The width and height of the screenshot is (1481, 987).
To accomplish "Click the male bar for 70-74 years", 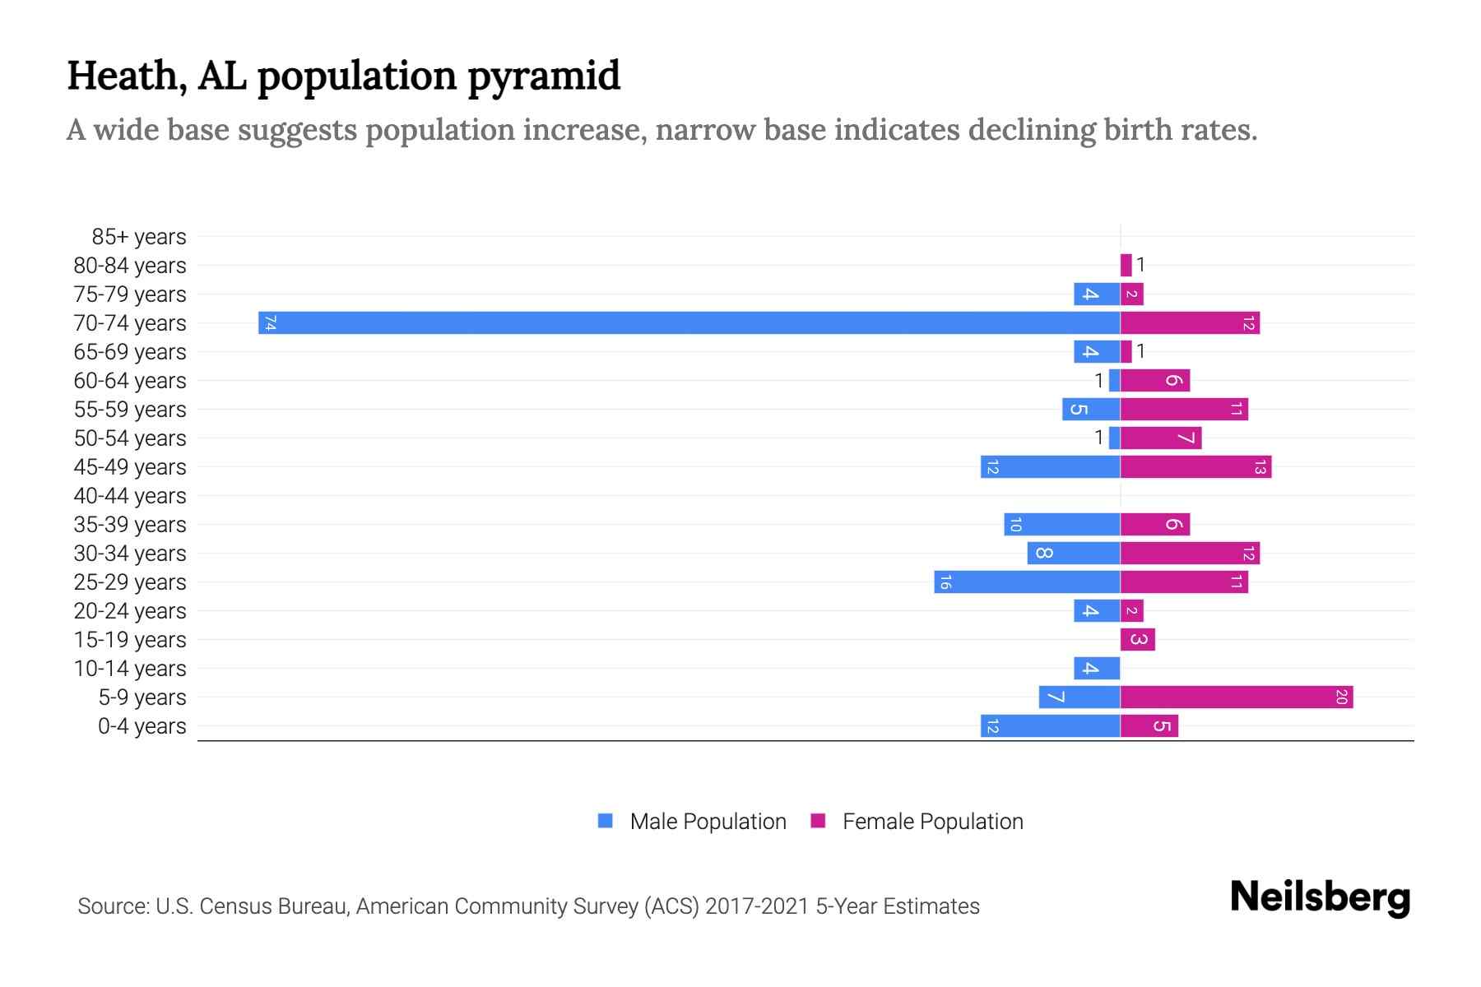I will pyautogui.click(x=689, y=322).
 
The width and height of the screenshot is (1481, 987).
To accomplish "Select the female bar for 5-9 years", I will pyautogui.click(x=1236, y=697).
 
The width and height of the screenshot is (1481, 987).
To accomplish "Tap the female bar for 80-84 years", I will pyautogui.click(x=1126, y=265).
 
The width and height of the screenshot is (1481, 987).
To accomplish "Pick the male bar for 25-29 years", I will pyautogui.click(x=1027, y=582).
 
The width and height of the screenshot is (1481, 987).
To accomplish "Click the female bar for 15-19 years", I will pyautogui.click(x=1137, y=639).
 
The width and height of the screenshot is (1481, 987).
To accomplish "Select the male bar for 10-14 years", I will pyautogui.click(x=1096, y=668).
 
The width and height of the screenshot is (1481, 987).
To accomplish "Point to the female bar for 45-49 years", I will pyautogui.click(x=1195, y=467).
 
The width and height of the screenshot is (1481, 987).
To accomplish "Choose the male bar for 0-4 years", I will pyautogui.click(x=1050, y=726).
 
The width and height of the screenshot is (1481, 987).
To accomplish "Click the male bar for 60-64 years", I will pyautogui.click(x=1114, y=380).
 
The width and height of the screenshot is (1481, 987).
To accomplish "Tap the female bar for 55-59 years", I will pyautogui.click(x=1184, y=409).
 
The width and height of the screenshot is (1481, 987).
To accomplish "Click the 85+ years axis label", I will pyautogui.click(x=139, y=237).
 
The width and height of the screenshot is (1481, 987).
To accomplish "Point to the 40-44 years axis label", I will pyautogui.click(x=130, y=496).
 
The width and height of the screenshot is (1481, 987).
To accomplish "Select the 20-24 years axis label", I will pyautogui.click(x=130, y=611).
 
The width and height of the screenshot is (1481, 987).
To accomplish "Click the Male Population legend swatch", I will pyautogui.click(x=606, y=821).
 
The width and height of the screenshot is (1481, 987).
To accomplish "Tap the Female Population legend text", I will pyautogui.click(x=932, y=822).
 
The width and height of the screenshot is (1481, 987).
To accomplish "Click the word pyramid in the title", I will pyautogui.click(x=544, y=76).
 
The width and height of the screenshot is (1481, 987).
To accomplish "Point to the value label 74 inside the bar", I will pyautogui.click(x=270, y=322).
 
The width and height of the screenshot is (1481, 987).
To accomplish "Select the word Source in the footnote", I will pyautogui.click(x=112, y=906).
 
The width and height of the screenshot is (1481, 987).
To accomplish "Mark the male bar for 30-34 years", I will pyautogui.click(x=1073, y=553).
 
